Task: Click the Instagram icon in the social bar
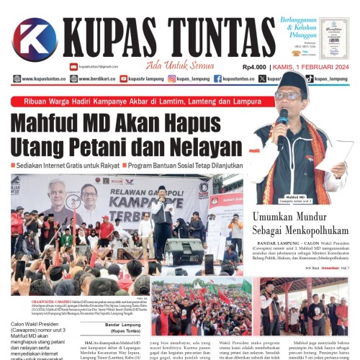171,78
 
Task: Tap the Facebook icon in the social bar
217,78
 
